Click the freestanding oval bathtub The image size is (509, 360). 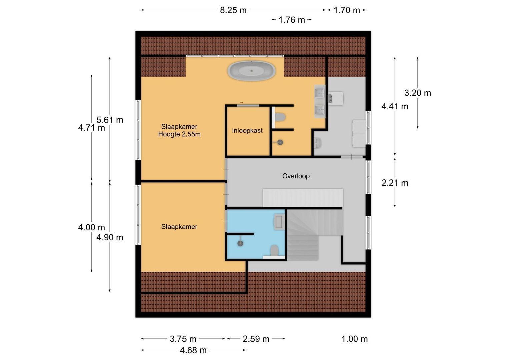click(x=251, y=71)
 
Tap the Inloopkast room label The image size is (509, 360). click(x=247, y=131)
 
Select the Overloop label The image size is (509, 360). click(x=296, y=176)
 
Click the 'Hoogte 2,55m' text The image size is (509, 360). click(x=179, y=134)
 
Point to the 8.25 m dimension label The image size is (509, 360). click(x=233, y=10)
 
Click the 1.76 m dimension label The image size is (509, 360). click(x=292, y=20)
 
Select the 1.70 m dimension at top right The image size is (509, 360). click(x=347, y=10)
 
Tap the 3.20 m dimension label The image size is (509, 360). click(x=417, y=93)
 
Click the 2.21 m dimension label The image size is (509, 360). click(x=395, y=183)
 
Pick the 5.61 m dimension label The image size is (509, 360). click(x=110, y=120)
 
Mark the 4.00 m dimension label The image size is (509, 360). click(x=91, y=227)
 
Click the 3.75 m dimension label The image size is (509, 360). click(x=183, y=339)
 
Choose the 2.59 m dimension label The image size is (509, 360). click(x=256, y=339)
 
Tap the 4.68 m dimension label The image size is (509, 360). click(x=193, y=350)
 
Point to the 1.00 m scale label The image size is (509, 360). click(x=354, y=339)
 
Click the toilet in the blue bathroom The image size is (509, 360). click(x=274, y=250)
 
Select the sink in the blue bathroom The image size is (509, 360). click(x=279, y=222)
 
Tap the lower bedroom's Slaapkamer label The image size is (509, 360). click(x=179, y=227)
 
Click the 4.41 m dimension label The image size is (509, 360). click(x=395, y=106)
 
